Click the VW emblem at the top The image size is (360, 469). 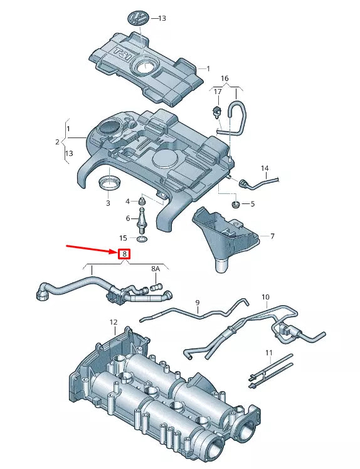click(x=137, y=18)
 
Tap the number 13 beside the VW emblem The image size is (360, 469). click(x=162, y=18)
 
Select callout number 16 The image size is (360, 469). click(x=225, y=78)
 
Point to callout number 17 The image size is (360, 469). click(x=218, y=92)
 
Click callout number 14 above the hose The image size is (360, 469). click(x=265, y=168)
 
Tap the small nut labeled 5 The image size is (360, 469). click(x=236, y=204)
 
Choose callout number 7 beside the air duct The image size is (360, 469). click(x=272, y=236)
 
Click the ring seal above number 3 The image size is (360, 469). click(x=109, y=183)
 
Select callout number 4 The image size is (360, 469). click(x=127, y=202)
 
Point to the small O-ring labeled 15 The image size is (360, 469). click(x=143, y=239)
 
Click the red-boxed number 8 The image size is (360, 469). click(x=125, y=254)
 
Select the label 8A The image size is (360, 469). click(x=156, y=269)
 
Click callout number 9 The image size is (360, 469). click(x=197, y=303)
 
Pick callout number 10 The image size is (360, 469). click(x=265, y=296)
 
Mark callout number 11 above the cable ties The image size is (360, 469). click(x=269, y=353)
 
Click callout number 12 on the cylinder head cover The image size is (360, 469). click(x=114, y=323)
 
